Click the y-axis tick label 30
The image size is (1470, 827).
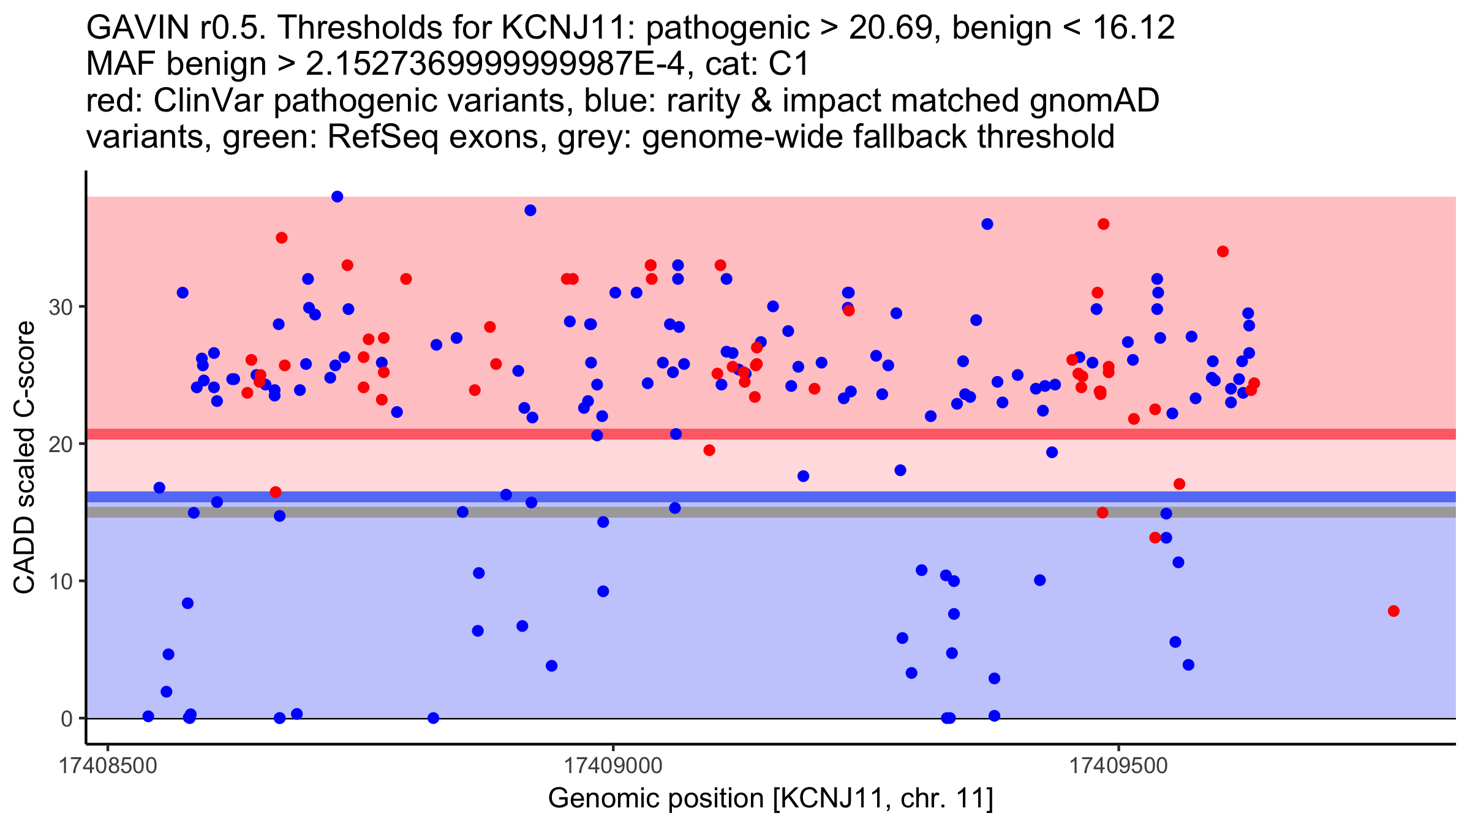pyautogui.click(x=61, y=307)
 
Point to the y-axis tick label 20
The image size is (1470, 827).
pyautogui.click(x=61, y=444)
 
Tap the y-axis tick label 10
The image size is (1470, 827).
pyautogui.click(x=61, y=581)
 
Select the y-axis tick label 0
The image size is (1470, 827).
pyautogui.click(x=67, y=719)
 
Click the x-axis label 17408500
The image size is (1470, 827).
pyautogui.click(x=108, y=766)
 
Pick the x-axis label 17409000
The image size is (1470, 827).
pyautogui.click(x=613, y=766)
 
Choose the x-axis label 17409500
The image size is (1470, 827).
pyautogui.click(x=1119, y=766)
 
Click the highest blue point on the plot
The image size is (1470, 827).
pyautogui.click(x=337, y=197)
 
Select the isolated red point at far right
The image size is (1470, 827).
pyautogui.click(x=1393, y=611)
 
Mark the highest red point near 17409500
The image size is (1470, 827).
pyautogui.click(x=1104, y=224)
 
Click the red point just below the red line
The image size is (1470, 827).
pyautogui.click(x=709, y=450)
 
